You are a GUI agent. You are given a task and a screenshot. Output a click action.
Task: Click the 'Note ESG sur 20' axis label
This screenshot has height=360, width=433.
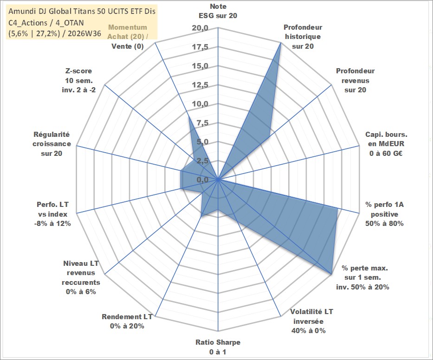(x=218, y=11)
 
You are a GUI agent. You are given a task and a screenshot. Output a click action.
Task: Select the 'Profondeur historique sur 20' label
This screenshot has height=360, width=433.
(x=303, y=37)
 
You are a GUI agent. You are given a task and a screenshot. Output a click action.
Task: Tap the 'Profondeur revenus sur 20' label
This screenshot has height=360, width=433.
(x=355, y=80)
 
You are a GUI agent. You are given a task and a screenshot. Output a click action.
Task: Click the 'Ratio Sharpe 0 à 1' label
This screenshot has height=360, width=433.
(x=218, y=347)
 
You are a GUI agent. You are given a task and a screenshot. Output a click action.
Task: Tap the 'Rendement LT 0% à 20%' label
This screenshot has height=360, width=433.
(x=127, y=321)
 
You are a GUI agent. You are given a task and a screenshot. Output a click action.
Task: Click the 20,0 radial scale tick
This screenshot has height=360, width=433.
(x=200, y=28)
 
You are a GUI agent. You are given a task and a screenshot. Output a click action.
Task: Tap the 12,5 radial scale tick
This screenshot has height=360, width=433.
(x=200, y=85)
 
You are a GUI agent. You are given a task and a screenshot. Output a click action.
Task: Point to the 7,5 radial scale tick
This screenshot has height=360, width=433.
(x=202, y=123)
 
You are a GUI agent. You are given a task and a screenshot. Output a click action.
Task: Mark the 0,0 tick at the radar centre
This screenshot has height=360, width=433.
(x=202, y=180)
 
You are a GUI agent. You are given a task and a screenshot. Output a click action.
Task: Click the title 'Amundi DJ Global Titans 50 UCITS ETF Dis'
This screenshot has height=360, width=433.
(x=82, y=11)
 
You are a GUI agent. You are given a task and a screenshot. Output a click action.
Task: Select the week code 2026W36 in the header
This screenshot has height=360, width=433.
(x=84, y=33)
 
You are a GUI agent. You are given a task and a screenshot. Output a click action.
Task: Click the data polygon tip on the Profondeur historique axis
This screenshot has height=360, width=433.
(x=281, y=43)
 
